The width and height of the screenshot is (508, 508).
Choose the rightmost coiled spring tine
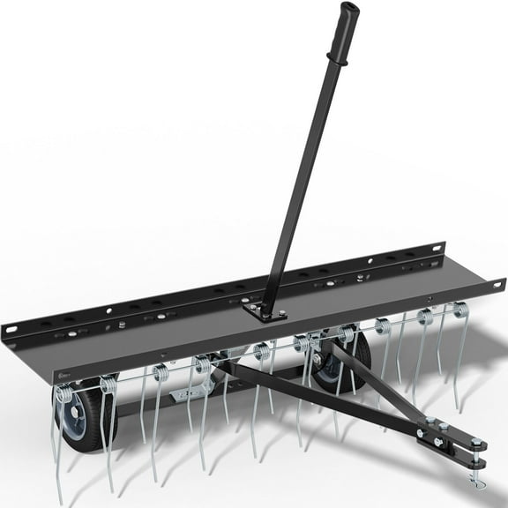pyautogui.click(x=459, y=310)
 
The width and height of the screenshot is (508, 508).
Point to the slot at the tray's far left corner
pyautogui.click(x=11, y=330)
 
